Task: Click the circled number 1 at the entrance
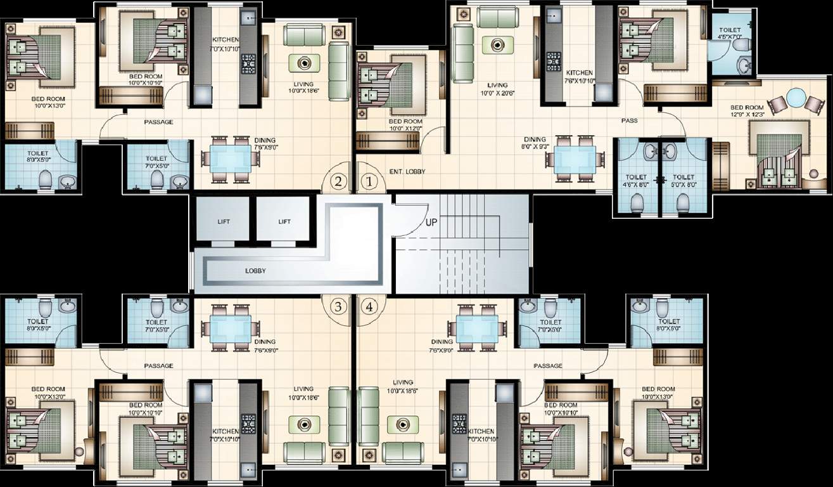(x=370, y=181)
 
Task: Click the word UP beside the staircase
(x=431, y=222)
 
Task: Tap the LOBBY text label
(x=256, y=271)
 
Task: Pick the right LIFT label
(x=284, y=221)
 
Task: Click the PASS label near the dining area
(x=629, y=120)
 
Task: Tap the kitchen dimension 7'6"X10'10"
(x=580, y=81)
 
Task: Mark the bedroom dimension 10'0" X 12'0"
(x=405, y=129)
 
